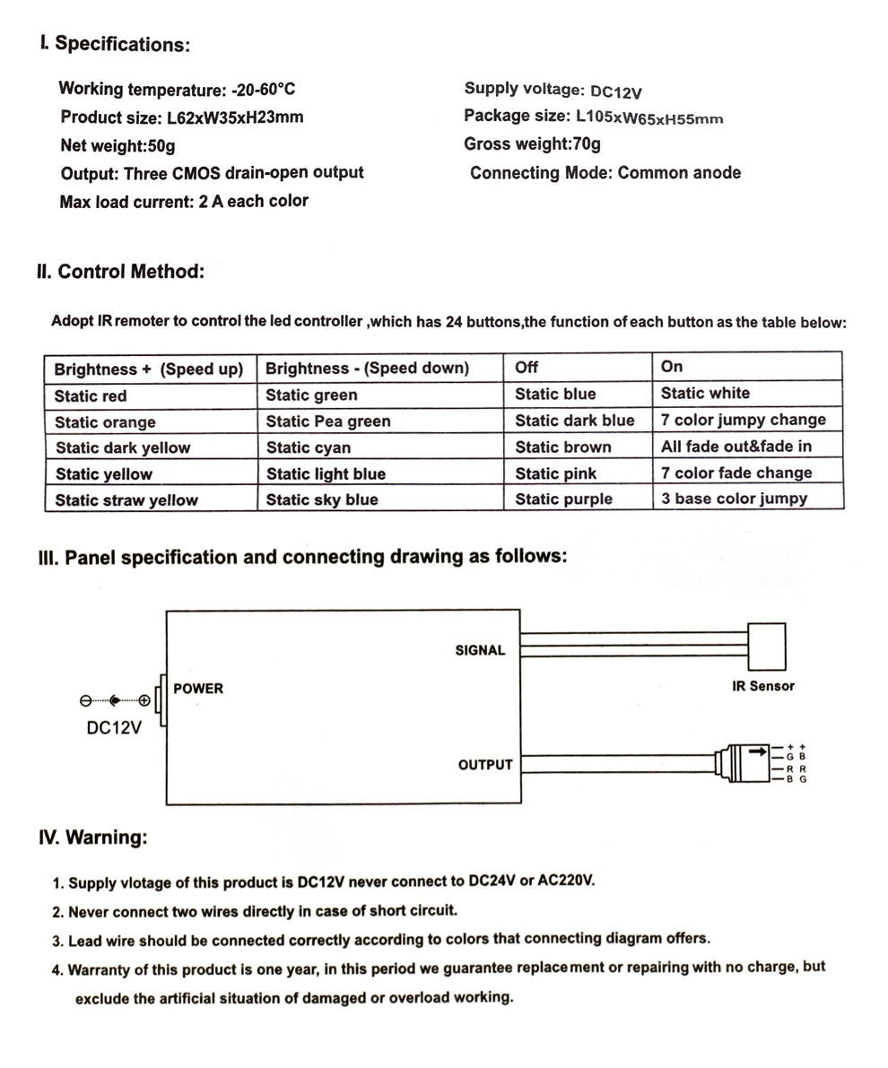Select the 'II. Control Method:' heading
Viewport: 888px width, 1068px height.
(121, 271)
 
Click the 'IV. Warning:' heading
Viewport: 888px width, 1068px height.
(93, 838)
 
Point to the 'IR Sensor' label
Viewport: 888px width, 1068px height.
(763, 686)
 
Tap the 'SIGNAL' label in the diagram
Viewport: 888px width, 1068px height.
(480, 650)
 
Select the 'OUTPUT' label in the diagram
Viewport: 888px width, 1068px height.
(485, 765)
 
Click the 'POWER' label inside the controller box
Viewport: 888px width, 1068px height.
(197, 689)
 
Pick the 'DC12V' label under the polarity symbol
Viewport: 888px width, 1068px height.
(114, 728)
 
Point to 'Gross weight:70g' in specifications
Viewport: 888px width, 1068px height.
(532, 144)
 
